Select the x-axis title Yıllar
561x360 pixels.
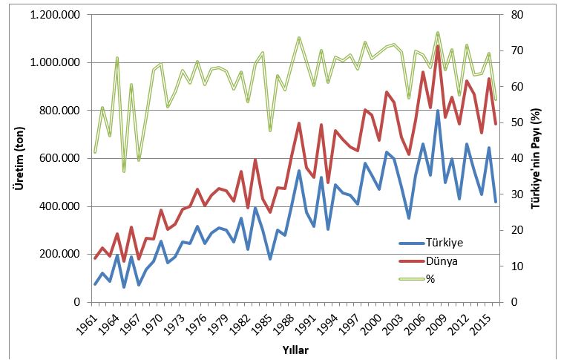(295, 349)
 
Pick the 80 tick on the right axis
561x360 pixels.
(516, 15)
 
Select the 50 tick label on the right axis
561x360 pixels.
(516, 122)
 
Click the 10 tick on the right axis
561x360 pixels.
(516, 266)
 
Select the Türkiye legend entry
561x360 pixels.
(444, 243)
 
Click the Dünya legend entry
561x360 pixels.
(443, 261)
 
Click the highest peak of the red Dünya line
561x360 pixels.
(438, 46)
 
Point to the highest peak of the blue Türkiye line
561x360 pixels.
(438, 111)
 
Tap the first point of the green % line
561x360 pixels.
(95, 152)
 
